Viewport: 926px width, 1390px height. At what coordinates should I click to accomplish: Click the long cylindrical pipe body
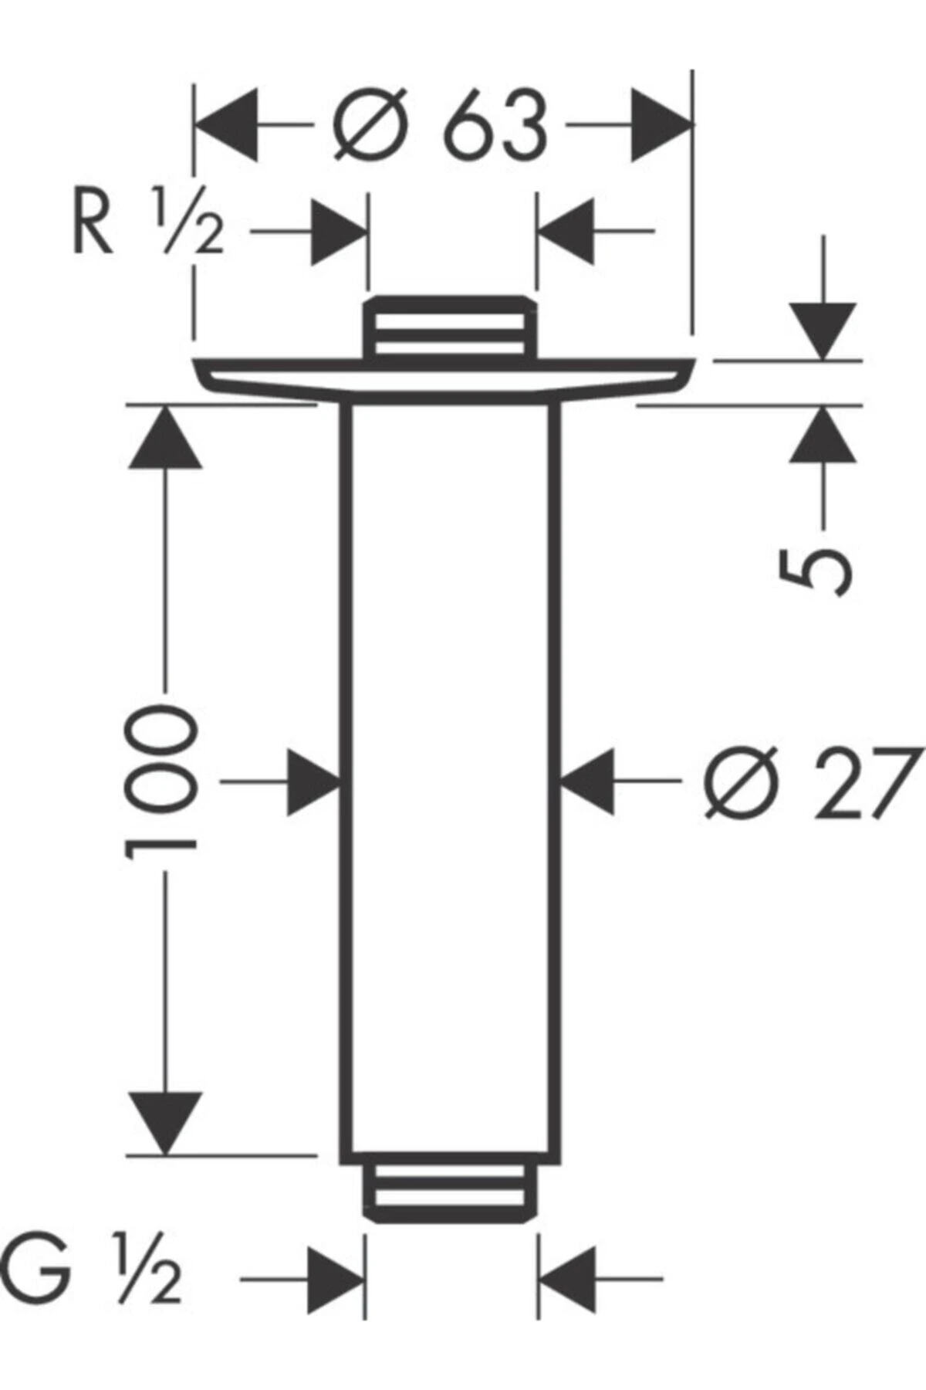450,780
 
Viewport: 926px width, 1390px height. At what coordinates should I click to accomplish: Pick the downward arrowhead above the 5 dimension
823,331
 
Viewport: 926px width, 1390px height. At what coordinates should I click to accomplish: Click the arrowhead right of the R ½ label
338,230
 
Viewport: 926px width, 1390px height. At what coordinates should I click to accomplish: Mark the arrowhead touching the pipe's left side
314,781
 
